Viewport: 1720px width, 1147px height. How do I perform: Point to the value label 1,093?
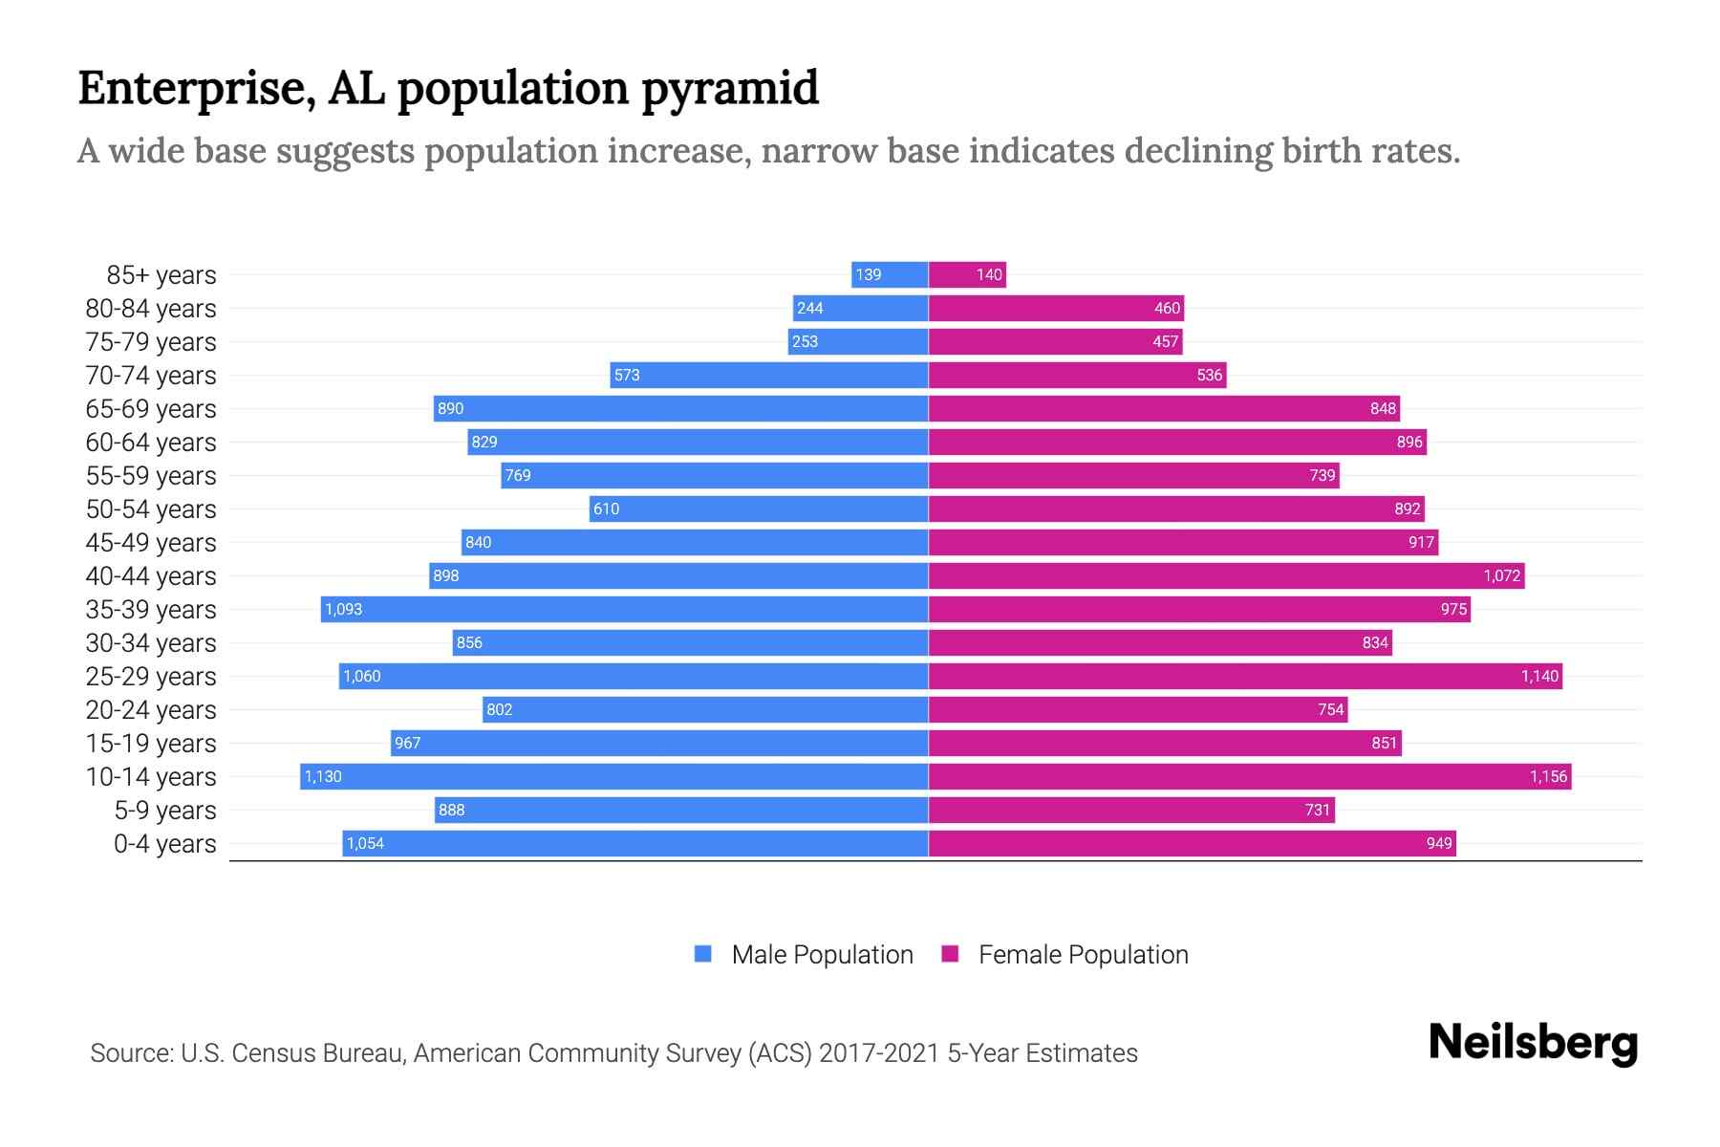pos(343,609)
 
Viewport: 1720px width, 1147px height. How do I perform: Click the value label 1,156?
pos(1548,776)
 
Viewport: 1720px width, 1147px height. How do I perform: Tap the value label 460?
pos(1167,308)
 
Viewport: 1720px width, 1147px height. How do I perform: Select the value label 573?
pos(627,375)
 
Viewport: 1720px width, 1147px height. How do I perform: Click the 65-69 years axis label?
pos(151,409)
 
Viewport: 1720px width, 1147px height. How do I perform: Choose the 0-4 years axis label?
pos(164,844)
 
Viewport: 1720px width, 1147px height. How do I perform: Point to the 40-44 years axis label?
pos(151,576)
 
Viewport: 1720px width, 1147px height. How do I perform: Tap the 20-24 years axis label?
pos(151,710)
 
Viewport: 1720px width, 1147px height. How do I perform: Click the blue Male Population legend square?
pos(703,954)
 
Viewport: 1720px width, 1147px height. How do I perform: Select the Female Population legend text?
pos(1083,955)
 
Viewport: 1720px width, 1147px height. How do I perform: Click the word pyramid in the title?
pos(729,89)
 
